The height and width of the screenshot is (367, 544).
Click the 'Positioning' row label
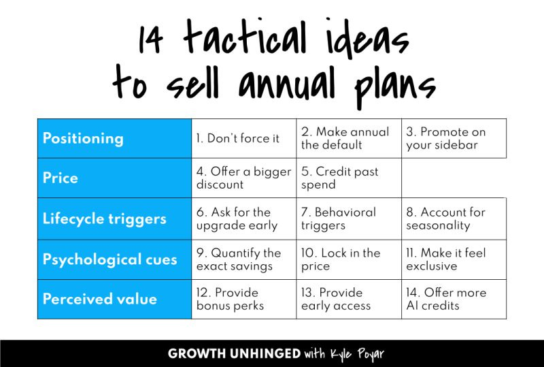[83, 138]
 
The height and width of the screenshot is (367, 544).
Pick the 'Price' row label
[61, 178]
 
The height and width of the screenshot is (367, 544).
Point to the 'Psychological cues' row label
[109, 259]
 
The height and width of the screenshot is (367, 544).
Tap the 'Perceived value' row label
[99, 299]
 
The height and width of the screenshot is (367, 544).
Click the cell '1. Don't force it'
[237, 138]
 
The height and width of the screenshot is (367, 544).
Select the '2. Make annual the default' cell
[345, 138]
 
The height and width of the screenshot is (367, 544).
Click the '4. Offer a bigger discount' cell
[243, 178]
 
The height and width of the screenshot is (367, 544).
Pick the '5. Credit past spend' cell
[340, 178]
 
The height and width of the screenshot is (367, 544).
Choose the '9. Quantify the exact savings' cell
[239, 259]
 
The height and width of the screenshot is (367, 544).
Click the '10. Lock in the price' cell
[341, 259]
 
